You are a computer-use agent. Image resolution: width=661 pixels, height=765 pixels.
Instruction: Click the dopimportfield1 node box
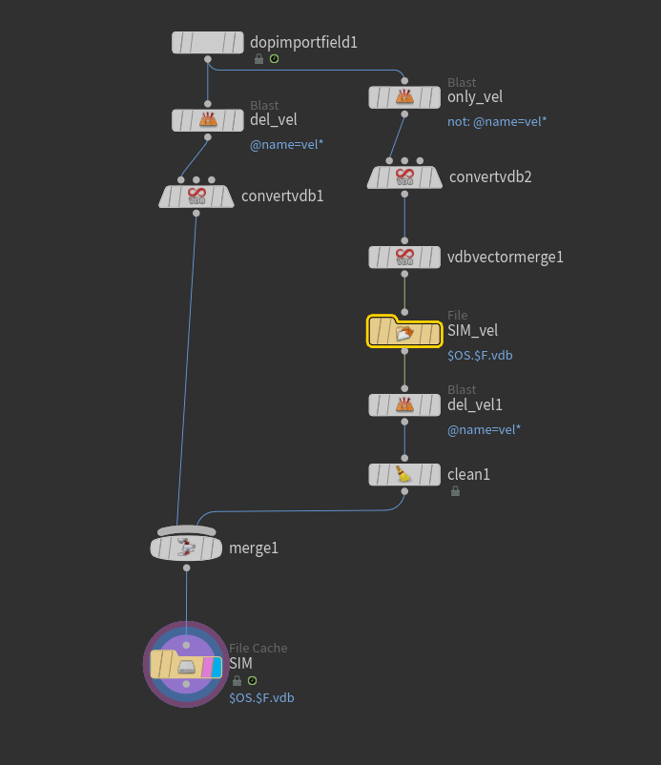208,42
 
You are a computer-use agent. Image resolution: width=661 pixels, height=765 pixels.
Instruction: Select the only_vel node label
475,96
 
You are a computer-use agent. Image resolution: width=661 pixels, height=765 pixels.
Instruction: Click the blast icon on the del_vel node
208,120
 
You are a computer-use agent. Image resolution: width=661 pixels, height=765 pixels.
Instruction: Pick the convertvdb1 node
196,196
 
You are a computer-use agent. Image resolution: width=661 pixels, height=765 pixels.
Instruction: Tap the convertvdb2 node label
490,176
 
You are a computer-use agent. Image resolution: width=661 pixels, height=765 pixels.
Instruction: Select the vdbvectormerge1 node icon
404,257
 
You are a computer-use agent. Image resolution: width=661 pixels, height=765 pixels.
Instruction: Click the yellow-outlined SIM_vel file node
404,331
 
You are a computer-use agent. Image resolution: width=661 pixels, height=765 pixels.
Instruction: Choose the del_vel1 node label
475,404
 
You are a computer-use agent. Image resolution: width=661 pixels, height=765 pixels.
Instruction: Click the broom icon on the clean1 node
404,474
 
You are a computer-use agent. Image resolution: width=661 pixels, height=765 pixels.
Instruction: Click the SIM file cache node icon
187,665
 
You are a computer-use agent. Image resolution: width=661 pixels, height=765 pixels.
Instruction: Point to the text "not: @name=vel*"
497,121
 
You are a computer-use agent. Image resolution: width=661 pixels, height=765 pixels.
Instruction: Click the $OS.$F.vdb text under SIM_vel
480,355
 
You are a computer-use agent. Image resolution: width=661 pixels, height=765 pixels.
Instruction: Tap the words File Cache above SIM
258,648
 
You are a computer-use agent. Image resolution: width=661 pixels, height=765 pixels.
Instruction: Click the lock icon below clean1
455,491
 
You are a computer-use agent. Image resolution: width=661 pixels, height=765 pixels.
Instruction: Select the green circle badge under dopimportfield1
274,59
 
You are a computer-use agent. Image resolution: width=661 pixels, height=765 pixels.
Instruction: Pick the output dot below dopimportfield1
208,59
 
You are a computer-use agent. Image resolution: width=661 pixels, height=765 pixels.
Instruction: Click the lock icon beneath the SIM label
237,681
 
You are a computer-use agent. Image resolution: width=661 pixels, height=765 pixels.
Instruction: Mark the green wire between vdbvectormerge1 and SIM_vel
404,294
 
